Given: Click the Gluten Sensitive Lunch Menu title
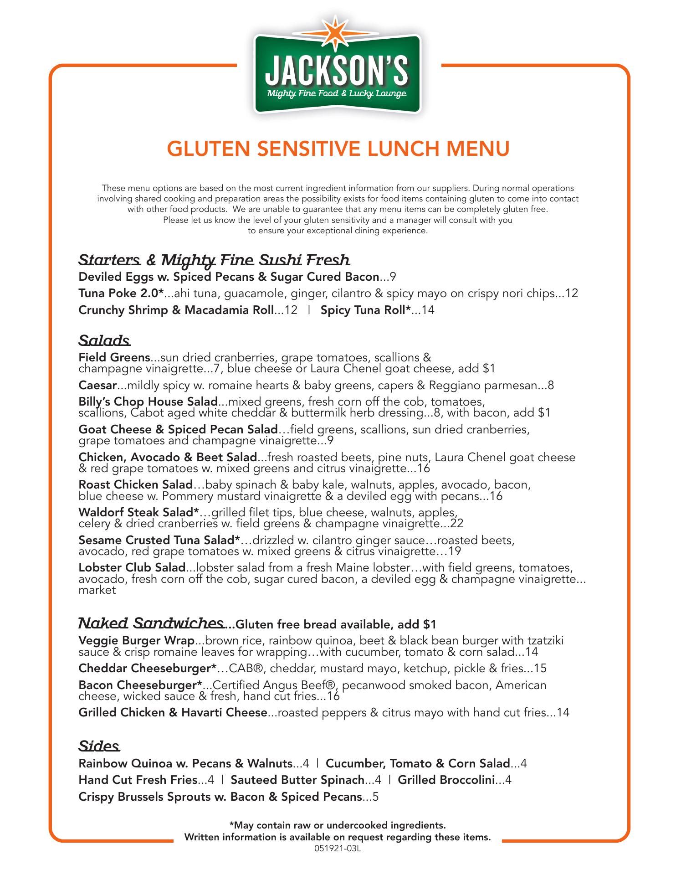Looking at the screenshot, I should pyautogui.click(x=338, y=149).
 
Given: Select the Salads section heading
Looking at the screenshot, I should pyautogui.click(x=105, y=340).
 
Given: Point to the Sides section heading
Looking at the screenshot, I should pyautogui.click(x=99, y=746).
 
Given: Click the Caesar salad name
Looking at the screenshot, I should pyautogui.click(x=97, y=386).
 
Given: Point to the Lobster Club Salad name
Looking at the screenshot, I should pyautogui.click(x=132, y=568).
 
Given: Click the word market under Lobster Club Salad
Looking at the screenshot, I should pyautogui.click(x=97, y=590).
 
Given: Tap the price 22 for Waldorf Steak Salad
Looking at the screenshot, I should pyautogui.click(x=456, y=524).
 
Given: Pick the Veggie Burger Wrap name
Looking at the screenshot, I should pyautogui.click(x=137, y=641).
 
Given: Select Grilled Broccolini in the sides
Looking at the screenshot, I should pyautogui.click(x=446, y=780).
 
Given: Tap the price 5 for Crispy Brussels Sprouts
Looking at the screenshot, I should pyautogui.click(x=376, y=797).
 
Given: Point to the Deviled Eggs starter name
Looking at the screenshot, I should pyautogui.click(x=229, y=277).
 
